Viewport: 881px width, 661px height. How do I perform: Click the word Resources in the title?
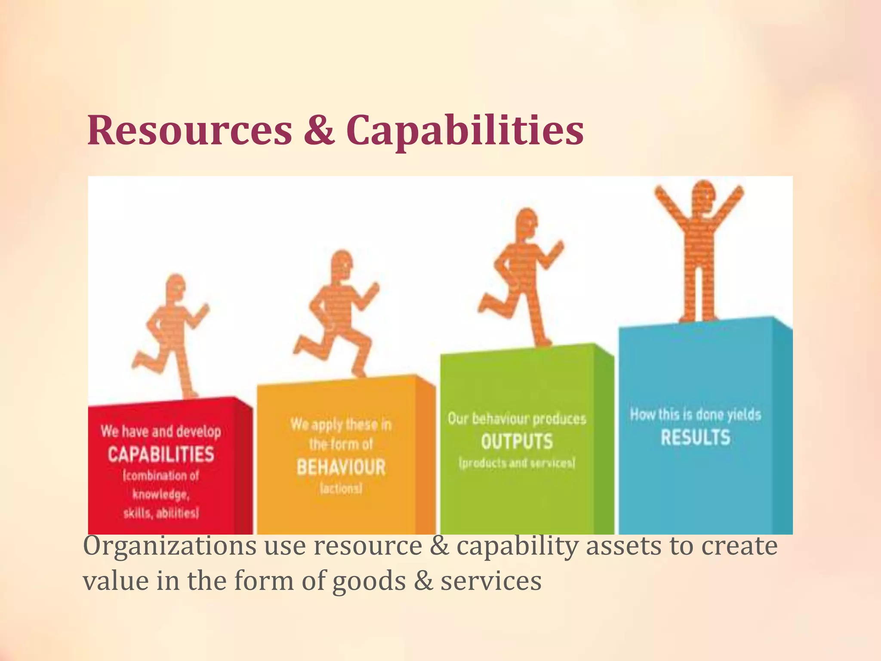tap(190, 130)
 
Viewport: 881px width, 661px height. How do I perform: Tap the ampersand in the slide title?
tap(319, 130)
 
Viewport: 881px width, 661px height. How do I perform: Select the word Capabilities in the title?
tap(465, 130)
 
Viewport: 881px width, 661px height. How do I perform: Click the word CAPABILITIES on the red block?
tap(161, 454)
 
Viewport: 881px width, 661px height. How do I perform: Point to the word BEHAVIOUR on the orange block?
tap(341, 467)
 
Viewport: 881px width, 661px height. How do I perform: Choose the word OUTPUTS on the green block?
tap(517, 442)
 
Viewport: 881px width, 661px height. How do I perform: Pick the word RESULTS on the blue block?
tap(696, 438)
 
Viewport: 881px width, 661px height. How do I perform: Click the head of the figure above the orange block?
tap(343, 263)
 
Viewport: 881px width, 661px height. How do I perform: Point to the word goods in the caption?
tap(369, 581)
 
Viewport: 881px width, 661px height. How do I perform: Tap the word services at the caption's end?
tap(491, 581)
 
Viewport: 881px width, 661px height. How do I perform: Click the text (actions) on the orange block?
tap(341, 489)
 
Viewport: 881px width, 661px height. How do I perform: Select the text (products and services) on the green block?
tap(517, 463)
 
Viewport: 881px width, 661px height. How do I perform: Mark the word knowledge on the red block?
tap(160, 494)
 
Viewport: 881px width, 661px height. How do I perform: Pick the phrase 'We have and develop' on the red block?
tap(161, 431)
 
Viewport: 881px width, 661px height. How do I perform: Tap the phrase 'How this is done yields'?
tap(696, 414)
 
